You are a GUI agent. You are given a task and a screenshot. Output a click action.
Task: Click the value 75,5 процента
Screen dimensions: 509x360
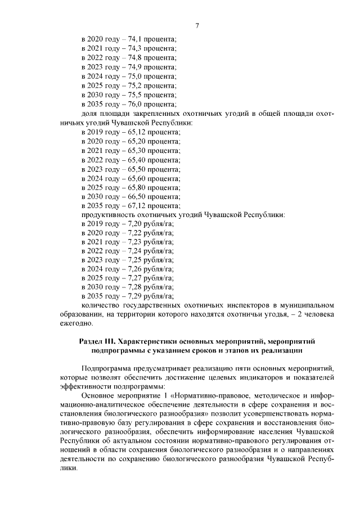(137, 94)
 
